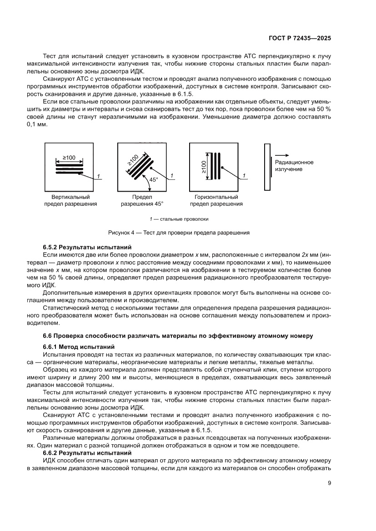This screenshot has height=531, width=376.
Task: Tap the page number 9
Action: pos(329,483)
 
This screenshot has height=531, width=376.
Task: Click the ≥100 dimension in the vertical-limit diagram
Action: pos(69,158)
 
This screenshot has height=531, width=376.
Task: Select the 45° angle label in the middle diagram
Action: pos(154,180)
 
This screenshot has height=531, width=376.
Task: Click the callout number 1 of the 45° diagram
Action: pos(171,176)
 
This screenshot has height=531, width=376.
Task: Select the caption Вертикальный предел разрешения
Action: pos(70,201)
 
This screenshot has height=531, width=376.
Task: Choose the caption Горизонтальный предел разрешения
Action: pos(216,201)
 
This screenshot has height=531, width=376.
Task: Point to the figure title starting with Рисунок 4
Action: pos(179,233)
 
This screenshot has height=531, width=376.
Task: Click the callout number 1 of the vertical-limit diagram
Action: pos(99,176)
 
